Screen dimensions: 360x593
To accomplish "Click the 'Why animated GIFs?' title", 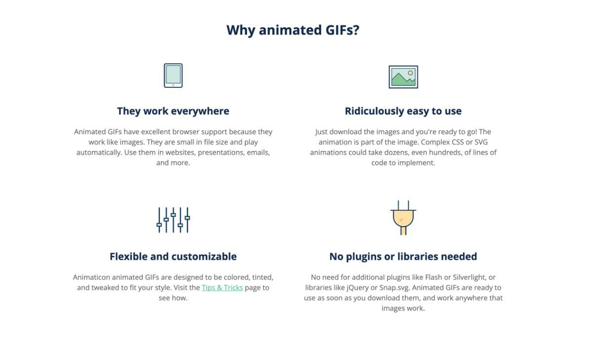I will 293,30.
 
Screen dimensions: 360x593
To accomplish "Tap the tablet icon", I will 173,76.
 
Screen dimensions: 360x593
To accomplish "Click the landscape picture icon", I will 403,77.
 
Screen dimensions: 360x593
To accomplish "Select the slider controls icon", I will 173,220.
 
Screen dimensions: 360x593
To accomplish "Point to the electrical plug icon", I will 403,218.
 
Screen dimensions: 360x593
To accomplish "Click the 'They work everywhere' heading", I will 173,111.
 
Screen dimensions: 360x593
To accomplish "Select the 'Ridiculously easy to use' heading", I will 403,111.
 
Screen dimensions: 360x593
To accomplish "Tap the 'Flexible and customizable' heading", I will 173,256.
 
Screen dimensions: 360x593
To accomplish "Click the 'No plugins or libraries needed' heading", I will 403,256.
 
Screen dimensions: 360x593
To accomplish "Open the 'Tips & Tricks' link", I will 222,287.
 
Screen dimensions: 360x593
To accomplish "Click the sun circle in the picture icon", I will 410,73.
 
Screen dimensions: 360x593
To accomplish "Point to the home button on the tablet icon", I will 173,85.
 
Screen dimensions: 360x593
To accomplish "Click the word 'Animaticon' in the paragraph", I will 91,277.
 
